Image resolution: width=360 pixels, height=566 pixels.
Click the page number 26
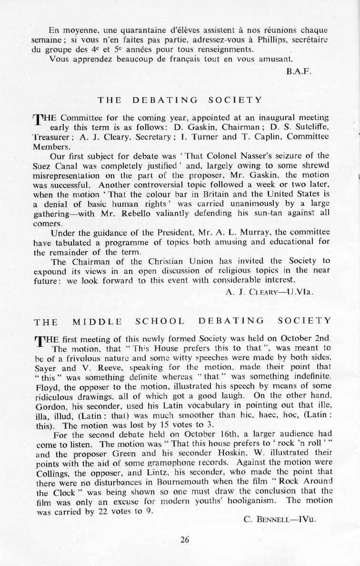tap(185, 540)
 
